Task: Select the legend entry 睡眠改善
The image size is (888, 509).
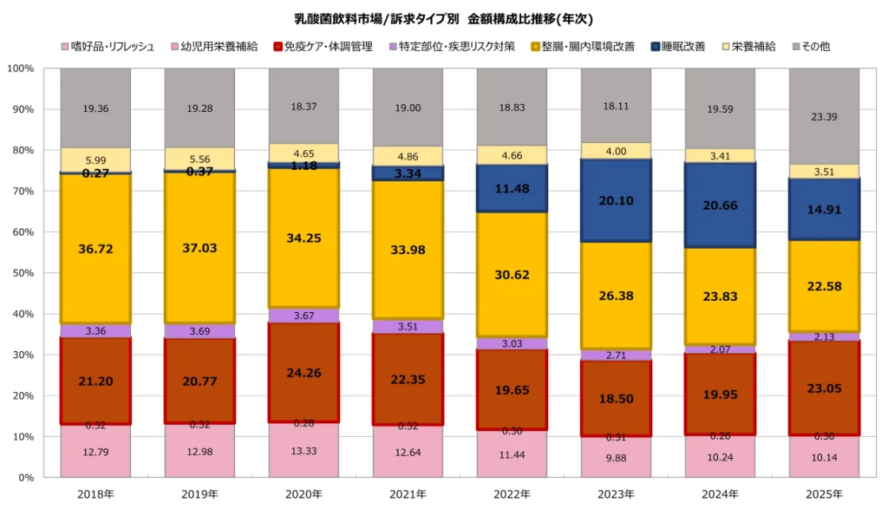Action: coord(682,46)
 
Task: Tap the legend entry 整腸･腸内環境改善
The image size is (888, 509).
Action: coord(576,46)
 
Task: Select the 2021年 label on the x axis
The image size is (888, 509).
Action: coord(408,494)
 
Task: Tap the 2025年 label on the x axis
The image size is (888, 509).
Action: coord(824,494)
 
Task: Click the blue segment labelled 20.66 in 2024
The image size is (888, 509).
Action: coord(720,206)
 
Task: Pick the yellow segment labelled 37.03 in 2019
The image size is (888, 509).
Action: coord(199,247)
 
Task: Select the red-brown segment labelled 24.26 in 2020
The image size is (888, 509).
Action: coord(304,373)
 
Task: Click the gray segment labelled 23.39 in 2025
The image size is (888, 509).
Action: coord(824,115)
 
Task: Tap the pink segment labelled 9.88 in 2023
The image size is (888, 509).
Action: coord(616,457)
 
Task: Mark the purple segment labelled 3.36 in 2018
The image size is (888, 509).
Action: coord(95,330)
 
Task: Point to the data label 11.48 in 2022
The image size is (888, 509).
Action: coord(512,188)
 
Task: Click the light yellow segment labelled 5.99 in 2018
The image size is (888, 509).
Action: coord(95,160)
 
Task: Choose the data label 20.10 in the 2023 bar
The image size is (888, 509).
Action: coord(616,200)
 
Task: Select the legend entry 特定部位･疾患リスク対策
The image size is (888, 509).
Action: coord(456,46)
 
